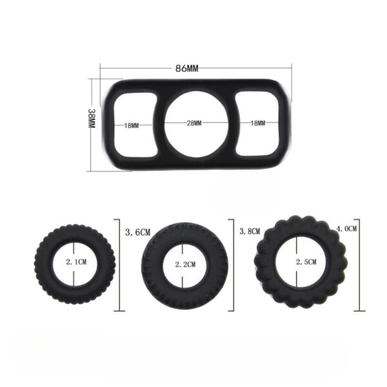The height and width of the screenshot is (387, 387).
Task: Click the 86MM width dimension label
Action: click(x=186, y=68)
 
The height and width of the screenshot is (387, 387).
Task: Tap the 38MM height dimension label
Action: click(x=92, y=118)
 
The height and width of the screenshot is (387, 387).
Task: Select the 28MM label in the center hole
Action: click(x=194, y=123)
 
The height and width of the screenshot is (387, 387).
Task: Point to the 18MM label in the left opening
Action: click(x=132, y=126)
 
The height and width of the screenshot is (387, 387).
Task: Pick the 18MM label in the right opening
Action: click(x=258, y=123)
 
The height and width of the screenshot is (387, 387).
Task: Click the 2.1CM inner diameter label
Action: click(x=76, y=262)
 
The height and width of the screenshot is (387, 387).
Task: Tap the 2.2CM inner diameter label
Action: click(x=185, y=264)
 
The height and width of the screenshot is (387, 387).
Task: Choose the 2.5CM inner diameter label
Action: click(x=306, y=262)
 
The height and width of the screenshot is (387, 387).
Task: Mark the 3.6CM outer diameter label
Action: click(x=138, y=232)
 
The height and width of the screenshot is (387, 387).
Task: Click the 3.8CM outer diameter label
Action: click(x=250, y=232)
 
